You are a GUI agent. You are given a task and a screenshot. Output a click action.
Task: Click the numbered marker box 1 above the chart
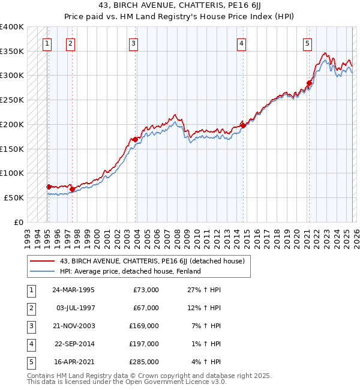[47, 43]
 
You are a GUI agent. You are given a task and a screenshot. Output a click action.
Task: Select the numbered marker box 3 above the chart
[133, 43]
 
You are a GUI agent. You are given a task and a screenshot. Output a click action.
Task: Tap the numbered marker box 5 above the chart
[307, 43]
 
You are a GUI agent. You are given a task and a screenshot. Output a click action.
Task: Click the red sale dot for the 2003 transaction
[136, 139]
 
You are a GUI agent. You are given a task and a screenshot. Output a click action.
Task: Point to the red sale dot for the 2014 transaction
[243, 125]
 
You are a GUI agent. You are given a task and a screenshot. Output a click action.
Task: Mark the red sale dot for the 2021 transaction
[309, 83]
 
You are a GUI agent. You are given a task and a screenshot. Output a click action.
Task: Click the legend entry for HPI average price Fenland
[130, 271]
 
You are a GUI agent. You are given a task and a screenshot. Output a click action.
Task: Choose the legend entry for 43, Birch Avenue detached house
[152, 261]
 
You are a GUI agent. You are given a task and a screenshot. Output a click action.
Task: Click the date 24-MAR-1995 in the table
[73, 290]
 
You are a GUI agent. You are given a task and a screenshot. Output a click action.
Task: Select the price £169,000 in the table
[144, 326]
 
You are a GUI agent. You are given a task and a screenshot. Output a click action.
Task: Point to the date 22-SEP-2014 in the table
[73, 344]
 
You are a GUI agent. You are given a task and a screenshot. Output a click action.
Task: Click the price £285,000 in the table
[144, 362]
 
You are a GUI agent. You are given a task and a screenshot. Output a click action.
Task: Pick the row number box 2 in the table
[30, 308]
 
